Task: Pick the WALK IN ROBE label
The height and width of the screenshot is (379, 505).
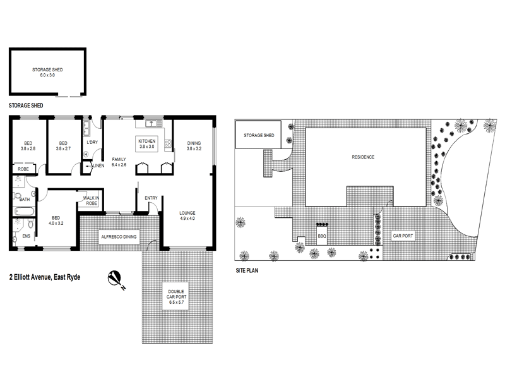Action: pyautogui.click(x=92, y=202)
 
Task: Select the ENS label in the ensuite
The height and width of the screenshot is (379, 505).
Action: pyautogui.click(x=26, y=237)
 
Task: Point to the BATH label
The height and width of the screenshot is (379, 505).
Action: pyautogui.click(x=25, y=199)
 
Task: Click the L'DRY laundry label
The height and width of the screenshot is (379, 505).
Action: pyautogui.click(x=92, y=143)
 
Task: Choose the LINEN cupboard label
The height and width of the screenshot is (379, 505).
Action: pyautogui.click(x=98, y=166)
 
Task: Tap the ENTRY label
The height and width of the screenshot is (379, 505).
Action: pyautogui.click(x=151, y=198)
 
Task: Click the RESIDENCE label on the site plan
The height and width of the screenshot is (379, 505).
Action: pyautogui.click(x=363, y=157)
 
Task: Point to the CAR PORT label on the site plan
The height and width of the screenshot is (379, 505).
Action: pyautogui.click(x=403, y=236)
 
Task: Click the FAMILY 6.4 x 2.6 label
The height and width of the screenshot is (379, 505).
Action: pyautogui.click(x=119, y=162)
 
